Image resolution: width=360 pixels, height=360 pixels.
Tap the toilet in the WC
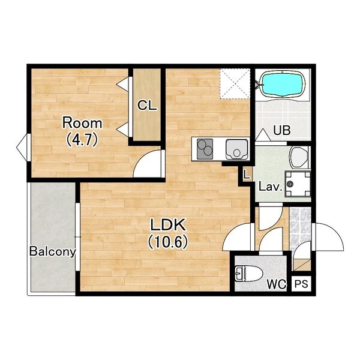(249, 273)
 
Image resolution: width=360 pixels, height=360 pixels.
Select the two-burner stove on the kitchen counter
(205, 149)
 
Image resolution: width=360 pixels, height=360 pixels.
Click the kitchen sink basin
(237, 149)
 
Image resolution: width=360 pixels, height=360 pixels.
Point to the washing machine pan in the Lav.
(298, 184)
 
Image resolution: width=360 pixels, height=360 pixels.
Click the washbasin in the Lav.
(299, 157)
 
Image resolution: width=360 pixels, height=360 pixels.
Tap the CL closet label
(147, 106)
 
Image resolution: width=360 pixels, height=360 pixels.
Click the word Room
(82, 123)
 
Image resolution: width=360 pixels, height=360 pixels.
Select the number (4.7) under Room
(82, 140)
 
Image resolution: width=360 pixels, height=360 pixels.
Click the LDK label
(168, 225)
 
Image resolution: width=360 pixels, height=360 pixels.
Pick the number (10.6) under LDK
(168, 242)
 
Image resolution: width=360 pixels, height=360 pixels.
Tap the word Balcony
(53, 251)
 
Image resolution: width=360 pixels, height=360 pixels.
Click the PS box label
(301, 284)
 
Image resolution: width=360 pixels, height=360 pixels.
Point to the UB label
(282, 130)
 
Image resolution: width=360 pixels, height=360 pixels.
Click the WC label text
(277, 284)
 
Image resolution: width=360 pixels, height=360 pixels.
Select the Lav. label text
(271, 187)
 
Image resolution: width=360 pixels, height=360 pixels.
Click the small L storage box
(247, 175)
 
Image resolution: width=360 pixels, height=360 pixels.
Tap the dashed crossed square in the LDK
(235, 83)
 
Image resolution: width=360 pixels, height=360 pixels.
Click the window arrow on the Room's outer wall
(22, 148)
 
